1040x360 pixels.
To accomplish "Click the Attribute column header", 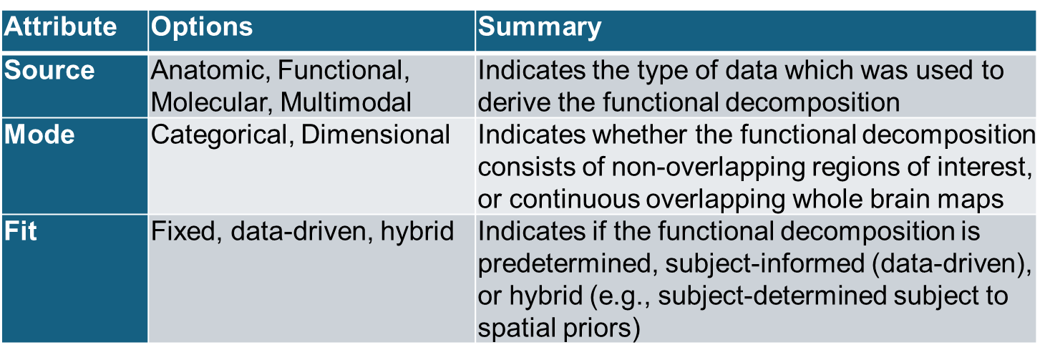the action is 60,26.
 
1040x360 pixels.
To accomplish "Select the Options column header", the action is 202,27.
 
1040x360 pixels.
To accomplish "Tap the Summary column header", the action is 540,27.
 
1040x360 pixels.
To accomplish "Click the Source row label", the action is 49,70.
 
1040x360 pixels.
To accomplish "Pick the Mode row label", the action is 39,135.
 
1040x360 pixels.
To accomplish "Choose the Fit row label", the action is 20,231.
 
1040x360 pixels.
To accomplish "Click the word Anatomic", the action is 210,71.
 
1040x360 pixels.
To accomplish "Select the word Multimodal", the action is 346,102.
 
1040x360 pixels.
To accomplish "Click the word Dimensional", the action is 376,135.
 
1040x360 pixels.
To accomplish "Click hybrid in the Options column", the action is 417,232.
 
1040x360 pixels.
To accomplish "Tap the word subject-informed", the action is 765,264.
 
